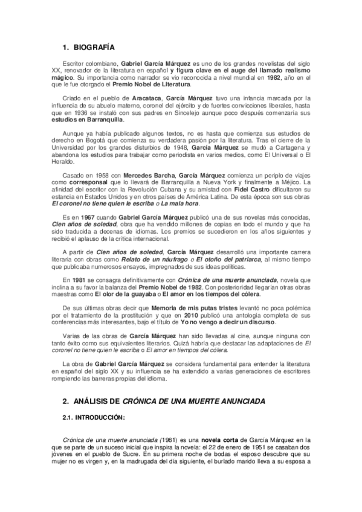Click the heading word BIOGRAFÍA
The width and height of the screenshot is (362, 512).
click(93, 46)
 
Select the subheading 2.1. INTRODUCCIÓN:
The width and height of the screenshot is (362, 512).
click(94, 417)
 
